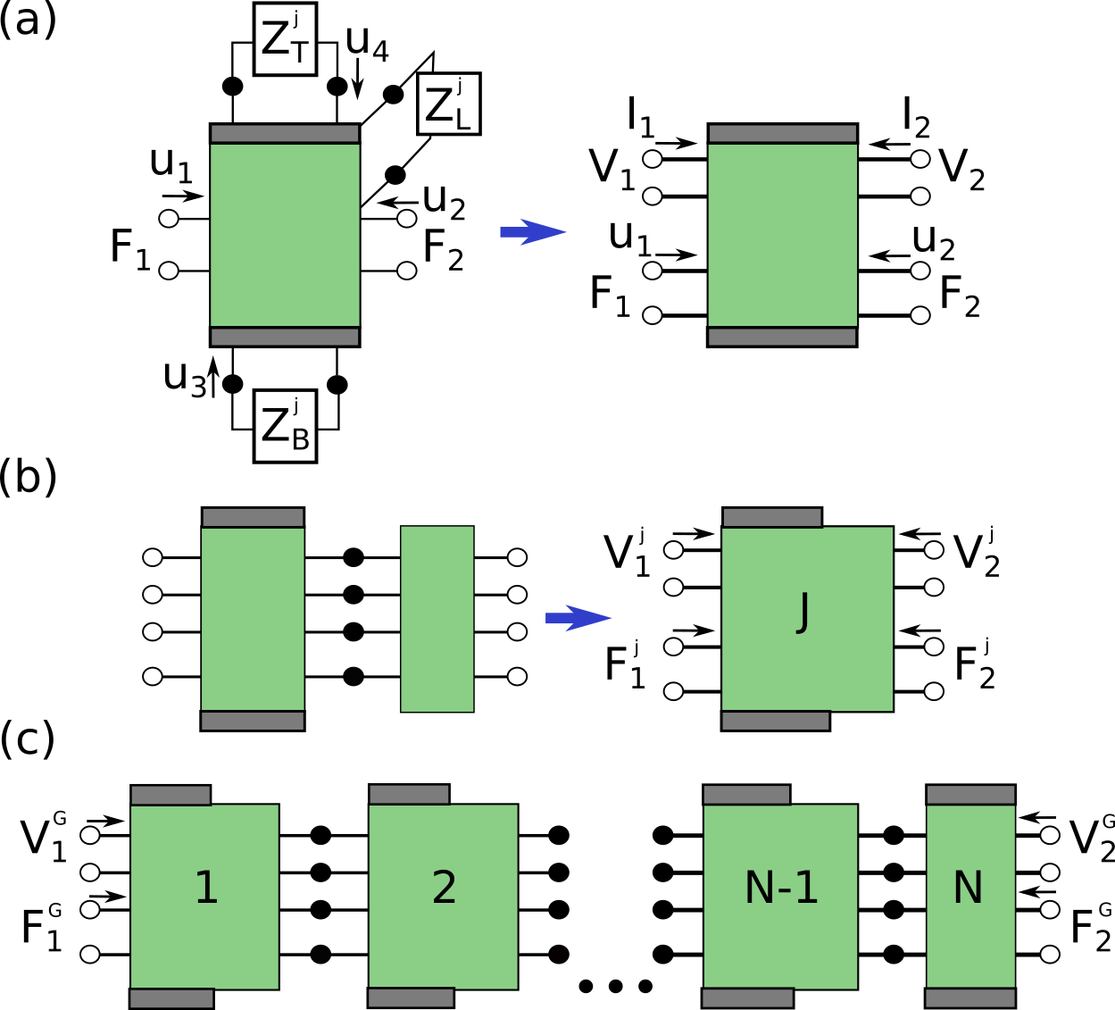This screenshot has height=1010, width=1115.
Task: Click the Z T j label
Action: pos(285,39)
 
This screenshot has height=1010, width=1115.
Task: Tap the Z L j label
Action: pos(448,104)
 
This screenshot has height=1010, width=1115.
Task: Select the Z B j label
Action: pos(285,426)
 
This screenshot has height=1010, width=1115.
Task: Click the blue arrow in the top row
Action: pos(533,232)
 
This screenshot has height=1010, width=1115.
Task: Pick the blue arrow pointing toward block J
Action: pos(578,618)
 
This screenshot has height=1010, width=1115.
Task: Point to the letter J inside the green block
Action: pos(803,612)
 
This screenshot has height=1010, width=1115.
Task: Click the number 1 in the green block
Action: pos(206,888)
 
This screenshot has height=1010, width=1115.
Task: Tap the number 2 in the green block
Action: pos(444,888)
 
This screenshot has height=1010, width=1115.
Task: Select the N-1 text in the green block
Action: pos(781,888)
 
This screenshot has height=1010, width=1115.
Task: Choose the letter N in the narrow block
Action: pos(968,888)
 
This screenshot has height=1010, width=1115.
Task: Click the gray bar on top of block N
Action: pos(970,795)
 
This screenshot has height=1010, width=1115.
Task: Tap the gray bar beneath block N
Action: pos(970,997)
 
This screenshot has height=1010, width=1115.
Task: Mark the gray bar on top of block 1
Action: pos(171,796)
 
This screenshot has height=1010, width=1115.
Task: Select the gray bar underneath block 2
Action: pos(412,997)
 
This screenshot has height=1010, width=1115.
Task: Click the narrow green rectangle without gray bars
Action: pos(437,619)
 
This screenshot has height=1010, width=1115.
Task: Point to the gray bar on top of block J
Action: pos(772,518)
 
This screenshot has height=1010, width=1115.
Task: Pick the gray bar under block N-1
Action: pos(748,997)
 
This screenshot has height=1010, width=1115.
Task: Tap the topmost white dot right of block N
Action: pos(1050,835)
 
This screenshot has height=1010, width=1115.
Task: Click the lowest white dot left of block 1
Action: pos(90,954)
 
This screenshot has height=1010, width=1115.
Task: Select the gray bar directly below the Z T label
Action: pos(285,134)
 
